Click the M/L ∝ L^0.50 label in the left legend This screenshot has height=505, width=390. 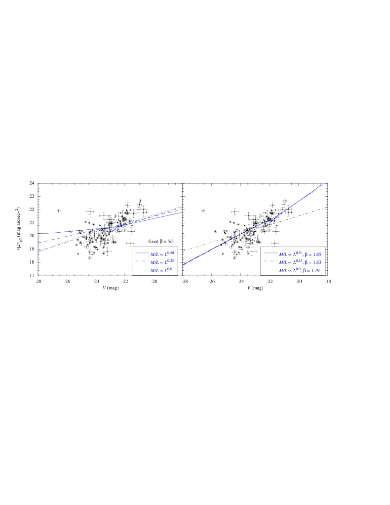click(x=162, y=253)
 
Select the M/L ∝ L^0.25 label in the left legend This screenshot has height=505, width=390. click(x=162, y=262)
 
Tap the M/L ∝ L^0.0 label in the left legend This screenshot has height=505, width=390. click(x=161, y=270)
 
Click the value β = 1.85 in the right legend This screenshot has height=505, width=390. click(x=312, y=254)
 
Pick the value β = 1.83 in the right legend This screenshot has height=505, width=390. click(x=312, y=262)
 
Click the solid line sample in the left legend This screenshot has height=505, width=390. click(x=142, y=253)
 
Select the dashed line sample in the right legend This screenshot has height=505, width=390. click(x=271, y=261)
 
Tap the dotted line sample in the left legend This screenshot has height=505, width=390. click(x=142, y=270)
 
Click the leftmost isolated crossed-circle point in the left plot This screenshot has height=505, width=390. click(x=59, y=211)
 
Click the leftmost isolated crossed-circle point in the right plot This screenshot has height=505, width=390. click(x=203, y=211)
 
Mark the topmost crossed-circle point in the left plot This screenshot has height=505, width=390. click(x=140, y=200)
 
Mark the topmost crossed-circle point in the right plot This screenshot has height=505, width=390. click(x=285, y=200)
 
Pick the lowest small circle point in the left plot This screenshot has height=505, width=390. click(x=78, y=253)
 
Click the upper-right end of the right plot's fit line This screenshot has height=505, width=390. click(x=322, y=186)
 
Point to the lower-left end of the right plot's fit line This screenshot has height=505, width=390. click(x=184, y=264)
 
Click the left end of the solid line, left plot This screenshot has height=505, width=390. click(x=39, y=233)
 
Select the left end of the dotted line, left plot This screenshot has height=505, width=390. click(x=39, y=252)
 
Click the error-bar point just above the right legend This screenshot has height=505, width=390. click(x=274, y=243)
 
